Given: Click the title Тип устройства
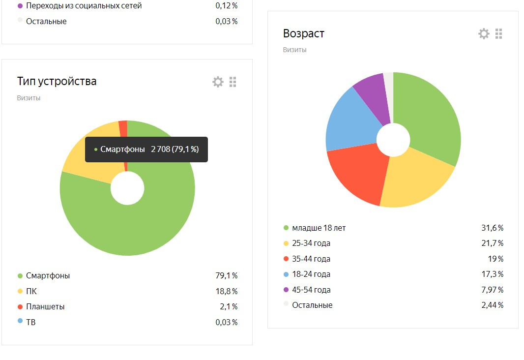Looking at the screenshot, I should point(57,81).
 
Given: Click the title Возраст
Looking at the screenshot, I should point(304,33).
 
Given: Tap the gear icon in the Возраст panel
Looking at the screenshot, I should point(484,33).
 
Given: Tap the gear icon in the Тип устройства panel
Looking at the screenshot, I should point(218,82).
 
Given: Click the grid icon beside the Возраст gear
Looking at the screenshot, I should point(499,33).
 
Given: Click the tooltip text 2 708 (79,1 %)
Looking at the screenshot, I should point(175,149).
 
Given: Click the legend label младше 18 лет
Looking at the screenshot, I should point(319,228).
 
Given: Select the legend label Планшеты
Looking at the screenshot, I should point(45,306).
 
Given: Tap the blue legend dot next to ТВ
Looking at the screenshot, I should point(20,321).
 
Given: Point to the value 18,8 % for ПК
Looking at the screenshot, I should point(226,291).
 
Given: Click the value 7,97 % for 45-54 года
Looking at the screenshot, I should point(492,290).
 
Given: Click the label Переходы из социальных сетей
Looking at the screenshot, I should point(84,6).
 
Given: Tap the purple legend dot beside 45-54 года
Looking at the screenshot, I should point(286,290).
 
